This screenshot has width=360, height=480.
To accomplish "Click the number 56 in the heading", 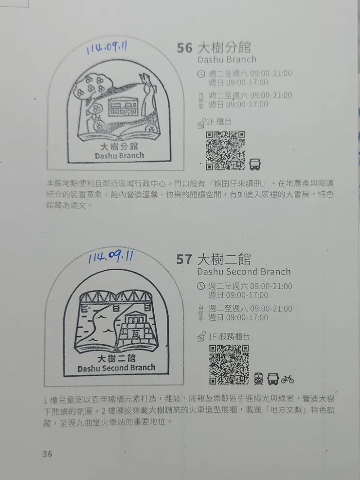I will pos(185,48).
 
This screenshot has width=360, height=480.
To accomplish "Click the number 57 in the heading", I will pos(184,259).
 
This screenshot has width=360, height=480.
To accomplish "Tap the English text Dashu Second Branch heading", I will pos(244,272).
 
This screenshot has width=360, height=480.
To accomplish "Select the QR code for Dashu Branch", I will pos(225,150).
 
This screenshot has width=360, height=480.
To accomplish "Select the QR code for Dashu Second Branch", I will pos(229,364).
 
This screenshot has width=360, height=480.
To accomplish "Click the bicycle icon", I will pos(287,379).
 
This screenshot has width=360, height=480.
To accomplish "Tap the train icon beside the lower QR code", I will pos(259,379).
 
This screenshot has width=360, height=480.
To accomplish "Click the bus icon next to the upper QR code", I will pos(255,164).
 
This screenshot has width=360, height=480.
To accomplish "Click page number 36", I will pos(47,454).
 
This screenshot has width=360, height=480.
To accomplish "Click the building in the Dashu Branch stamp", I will pos(125,105).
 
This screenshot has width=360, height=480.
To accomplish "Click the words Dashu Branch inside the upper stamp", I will pos(119,156).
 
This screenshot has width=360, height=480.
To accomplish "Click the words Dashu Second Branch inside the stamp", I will pos(116,368).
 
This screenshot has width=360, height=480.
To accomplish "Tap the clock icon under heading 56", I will pos(201,74).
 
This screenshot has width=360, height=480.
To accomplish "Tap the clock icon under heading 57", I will pos(201,286).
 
